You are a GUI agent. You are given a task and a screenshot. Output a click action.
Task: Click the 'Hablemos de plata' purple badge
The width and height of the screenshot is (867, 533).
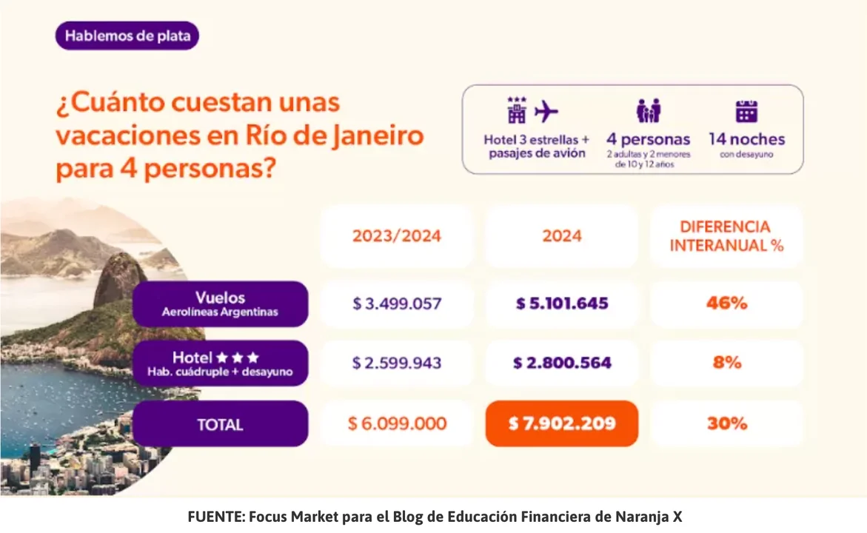click(x=127, y=36)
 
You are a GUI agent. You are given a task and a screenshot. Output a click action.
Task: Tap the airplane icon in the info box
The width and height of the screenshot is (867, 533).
click(x=546, y=112)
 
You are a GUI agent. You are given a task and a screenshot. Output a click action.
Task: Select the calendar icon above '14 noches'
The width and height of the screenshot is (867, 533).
click(x=746, y=111)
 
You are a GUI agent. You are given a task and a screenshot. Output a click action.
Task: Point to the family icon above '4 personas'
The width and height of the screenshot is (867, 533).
click(x=648, y=111)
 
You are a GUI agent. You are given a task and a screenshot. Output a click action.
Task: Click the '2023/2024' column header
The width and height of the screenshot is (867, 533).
click(x=396, y=236)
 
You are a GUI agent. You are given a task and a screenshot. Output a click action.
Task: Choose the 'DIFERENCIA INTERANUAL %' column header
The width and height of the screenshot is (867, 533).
click(x=726, y=236)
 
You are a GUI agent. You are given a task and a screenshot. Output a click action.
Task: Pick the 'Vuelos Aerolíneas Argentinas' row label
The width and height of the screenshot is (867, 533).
click(x=220, y=304)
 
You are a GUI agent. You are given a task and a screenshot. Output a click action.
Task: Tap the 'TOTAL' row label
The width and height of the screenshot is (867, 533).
click(x=220, y=424)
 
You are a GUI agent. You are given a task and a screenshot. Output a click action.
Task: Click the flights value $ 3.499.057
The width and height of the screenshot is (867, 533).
click(x=396, y=304)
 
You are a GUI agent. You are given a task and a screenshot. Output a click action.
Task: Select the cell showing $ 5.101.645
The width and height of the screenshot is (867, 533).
click(x=561, y=304)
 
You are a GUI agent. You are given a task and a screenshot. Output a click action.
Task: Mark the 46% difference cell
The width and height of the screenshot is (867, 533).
click(x=726, y=304)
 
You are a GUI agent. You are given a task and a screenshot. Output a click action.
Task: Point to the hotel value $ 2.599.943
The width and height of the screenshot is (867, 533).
click(x=396, y=363)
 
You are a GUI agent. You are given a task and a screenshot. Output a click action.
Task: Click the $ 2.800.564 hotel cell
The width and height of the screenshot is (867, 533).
click(x=561, y=363)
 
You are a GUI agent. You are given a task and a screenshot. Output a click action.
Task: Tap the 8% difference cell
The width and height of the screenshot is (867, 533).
click(x=726, y=363)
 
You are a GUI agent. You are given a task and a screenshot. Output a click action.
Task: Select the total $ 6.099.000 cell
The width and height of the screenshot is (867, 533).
click(x=396, y=423)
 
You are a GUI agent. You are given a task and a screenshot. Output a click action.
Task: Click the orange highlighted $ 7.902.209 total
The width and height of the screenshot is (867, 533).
click(x=561, y=423)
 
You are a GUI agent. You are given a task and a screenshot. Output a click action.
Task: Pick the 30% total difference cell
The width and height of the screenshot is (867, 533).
click(x=726, y=423)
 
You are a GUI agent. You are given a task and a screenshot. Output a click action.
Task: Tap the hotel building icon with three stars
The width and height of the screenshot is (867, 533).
click(x=516, y=110)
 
